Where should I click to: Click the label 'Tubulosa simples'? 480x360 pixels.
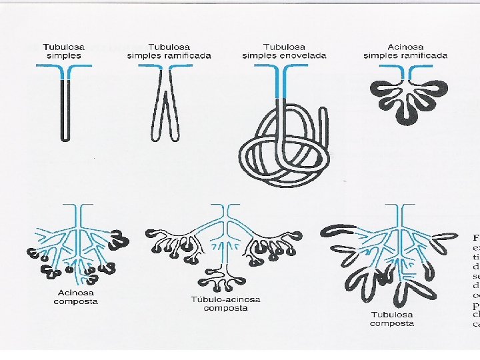(x=64, y=51)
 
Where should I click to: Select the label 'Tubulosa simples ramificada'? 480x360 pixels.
(x=169, y=51)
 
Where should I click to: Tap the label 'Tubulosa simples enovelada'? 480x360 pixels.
(x=284, y=51)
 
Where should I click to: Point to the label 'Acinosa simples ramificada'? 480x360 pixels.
(x=405, y=51)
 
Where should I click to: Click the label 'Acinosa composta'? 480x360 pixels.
(x=75, y=297)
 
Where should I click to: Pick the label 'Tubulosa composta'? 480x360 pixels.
(x=392, y=319)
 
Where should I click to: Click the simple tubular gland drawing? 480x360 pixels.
(x=64, y=107)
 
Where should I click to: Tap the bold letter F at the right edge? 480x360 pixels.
(x=476, y=237)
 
